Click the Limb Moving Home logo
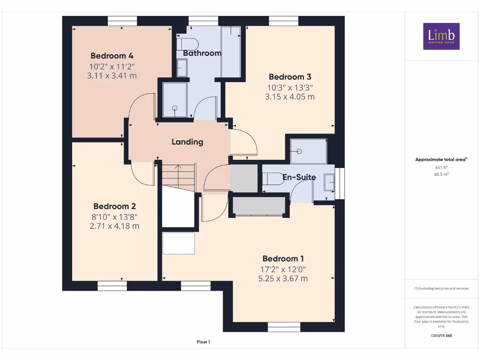point(441,36)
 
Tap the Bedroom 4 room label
point(112,55)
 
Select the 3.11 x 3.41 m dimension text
point(112,75)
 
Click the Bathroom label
point(202,53)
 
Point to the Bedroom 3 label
point(290,77)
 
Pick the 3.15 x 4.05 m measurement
point(290,97)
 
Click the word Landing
point(187,142)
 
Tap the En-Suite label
point(299,177)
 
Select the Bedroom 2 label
point(114,206)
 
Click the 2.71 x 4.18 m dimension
point(114,226)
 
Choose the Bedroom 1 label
point(283,258)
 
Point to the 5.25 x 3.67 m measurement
point(283,278)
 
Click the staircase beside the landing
point(179,177)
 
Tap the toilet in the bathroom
point(184,45)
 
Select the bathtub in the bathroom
point(231,52)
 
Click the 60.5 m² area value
point(441,174)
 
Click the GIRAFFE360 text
point(441,336)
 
